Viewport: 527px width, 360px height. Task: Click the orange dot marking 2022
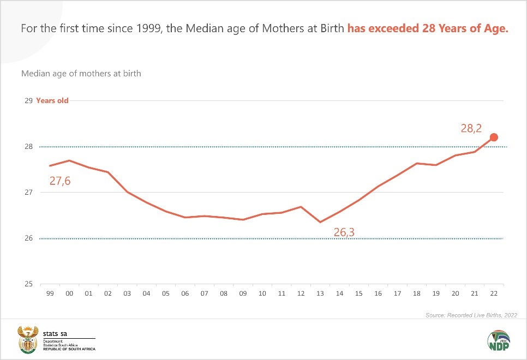tap(494, 137)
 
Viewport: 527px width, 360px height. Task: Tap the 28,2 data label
tap(472, 129)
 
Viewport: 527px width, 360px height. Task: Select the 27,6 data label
tap(60, 181)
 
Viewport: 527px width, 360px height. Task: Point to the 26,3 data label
tap(344, 233)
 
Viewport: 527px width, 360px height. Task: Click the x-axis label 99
tap(50, 294)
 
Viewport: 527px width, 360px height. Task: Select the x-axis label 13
tap(320, 294)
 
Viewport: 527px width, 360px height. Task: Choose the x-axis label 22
tap(494, 294)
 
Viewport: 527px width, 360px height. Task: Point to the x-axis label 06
tap(185, 294)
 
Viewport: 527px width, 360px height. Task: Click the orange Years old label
tap(52, 101)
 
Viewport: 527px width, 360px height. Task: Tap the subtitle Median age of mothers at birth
tap(81, 73)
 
